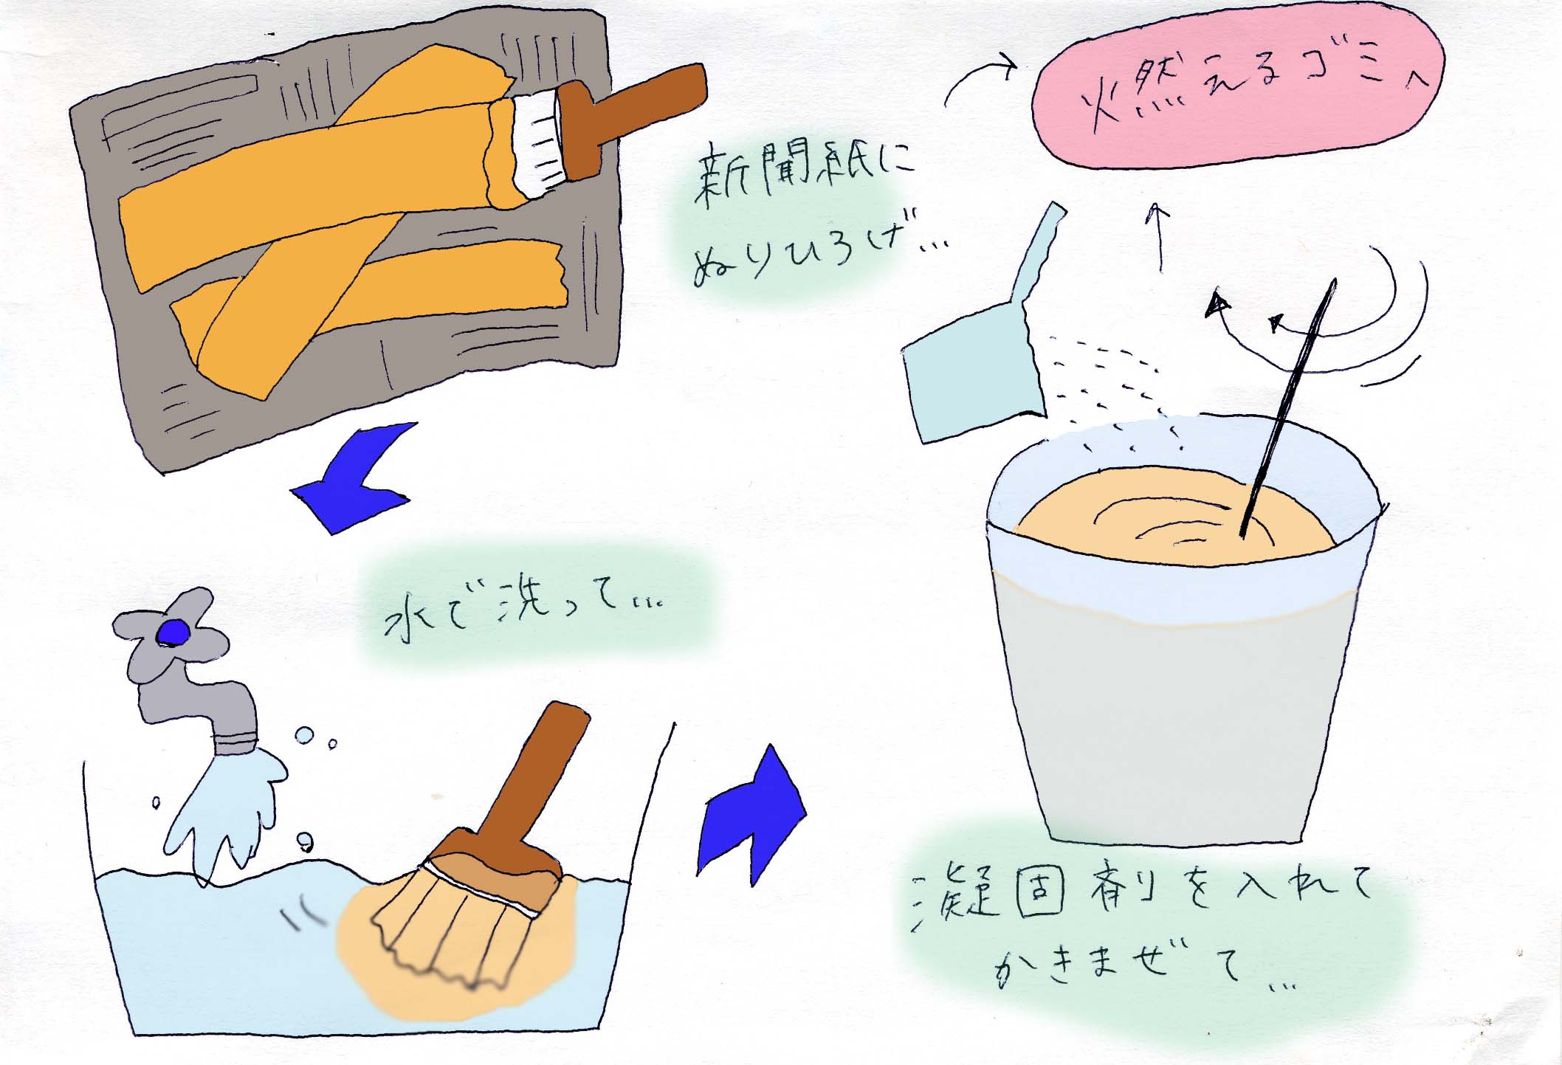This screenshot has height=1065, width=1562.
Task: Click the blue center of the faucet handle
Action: [x=174, y=632]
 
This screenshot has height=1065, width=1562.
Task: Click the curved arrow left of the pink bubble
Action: [x=978, y=74]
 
